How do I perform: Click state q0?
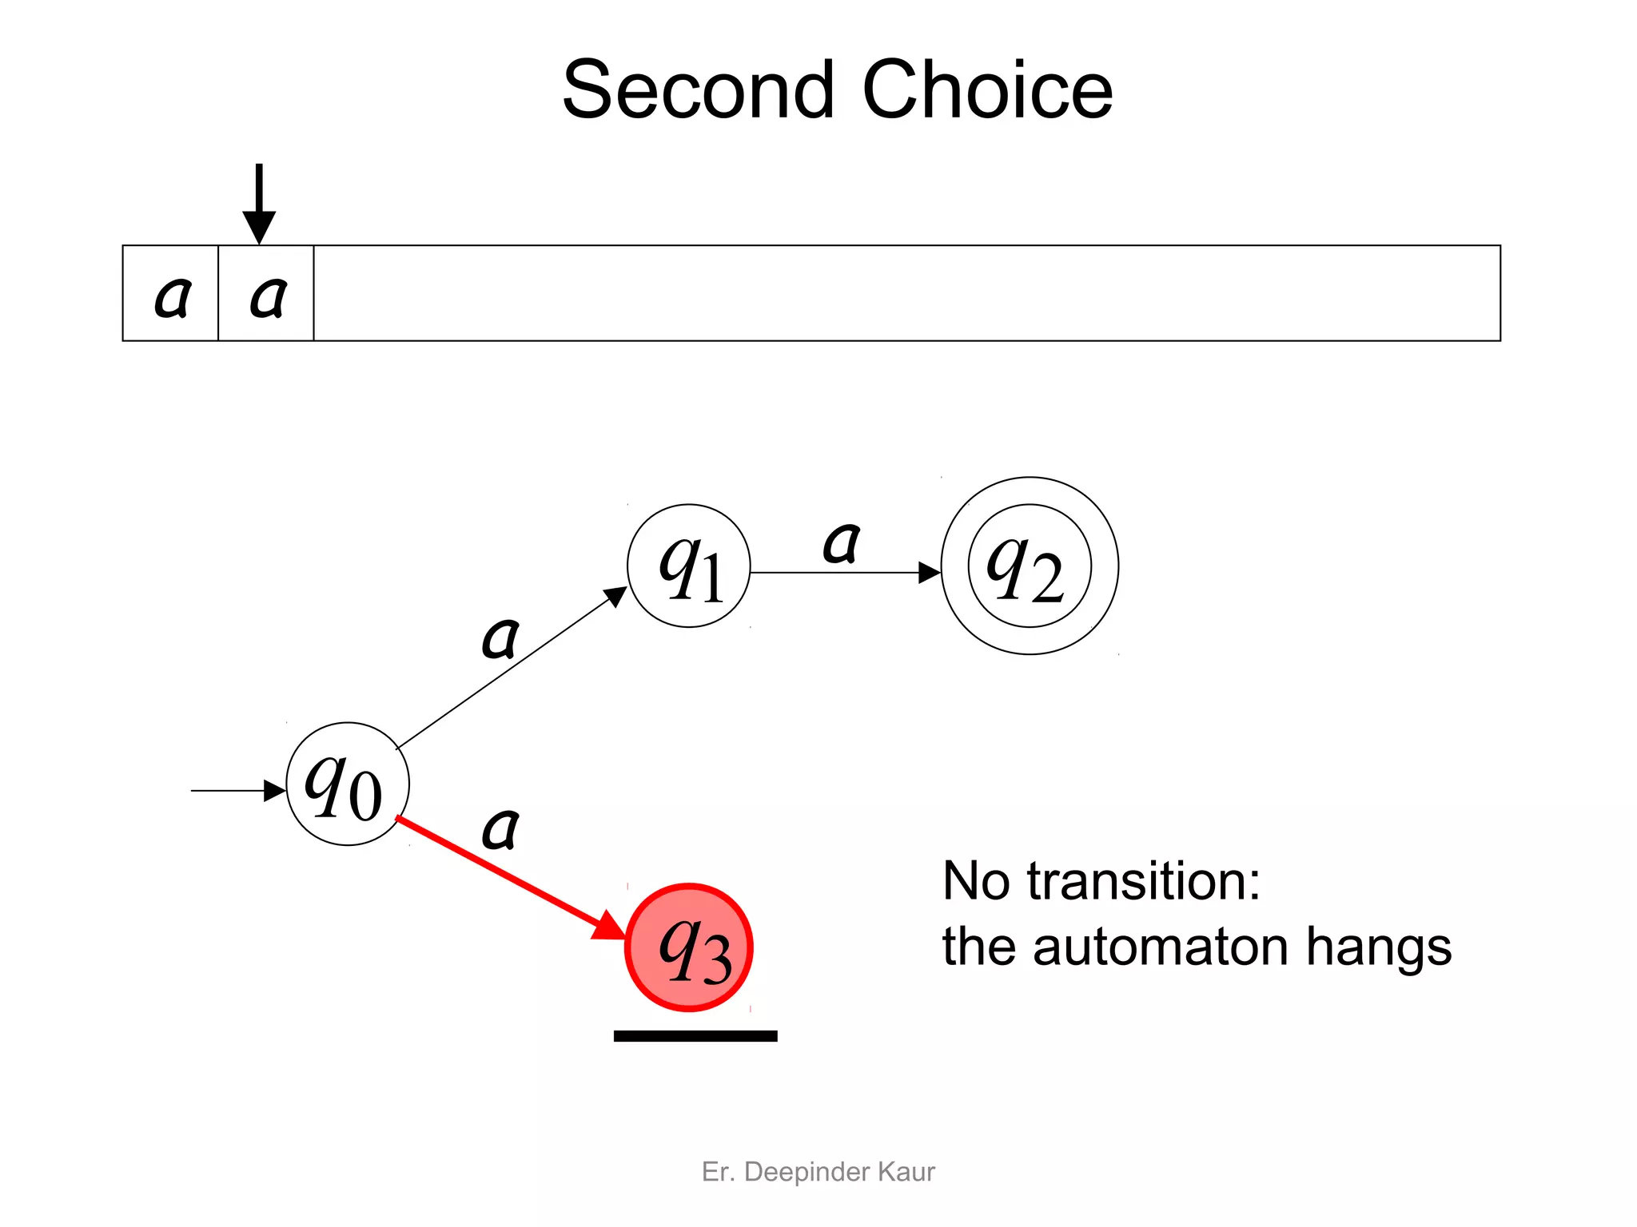pos(348,784)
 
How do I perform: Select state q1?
pos(689,566)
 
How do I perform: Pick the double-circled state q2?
pos(1030,566)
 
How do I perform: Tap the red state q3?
pos(689,947)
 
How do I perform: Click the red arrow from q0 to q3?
pos(512,879)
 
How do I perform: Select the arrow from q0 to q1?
pos(512,668)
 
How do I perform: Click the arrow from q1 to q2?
pos(846,573)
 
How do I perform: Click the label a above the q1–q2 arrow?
pos(842,543)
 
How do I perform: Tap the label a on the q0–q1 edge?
pos(501,638)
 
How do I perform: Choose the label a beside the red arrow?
pos(501,828)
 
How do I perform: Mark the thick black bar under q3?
pos(695,1036)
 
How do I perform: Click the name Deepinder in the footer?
pos(807,1172)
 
